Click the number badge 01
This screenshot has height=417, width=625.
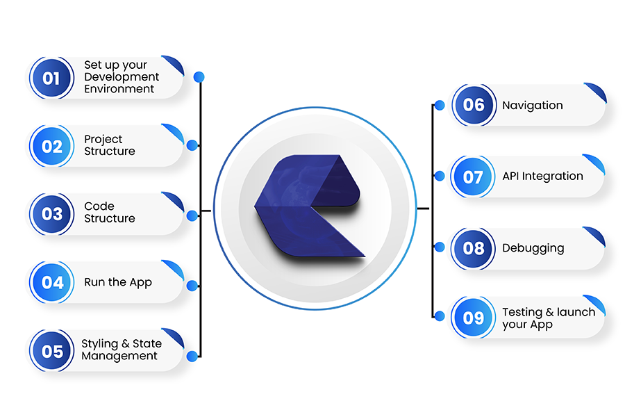[x=51, y=78]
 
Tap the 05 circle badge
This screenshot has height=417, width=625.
[x=52, y=351]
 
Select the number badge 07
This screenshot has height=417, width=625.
[x=473, y=177]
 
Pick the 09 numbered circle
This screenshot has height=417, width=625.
[x=473, y=318]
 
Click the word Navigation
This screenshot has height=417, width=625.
[x=533, y=106]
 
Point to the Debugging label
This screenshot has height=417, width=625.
[x=533, y=248]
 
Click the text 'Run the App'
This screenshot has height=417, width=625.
[x=118, y=282]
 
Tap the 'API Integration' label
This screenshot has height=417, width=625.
[x=542, y=176]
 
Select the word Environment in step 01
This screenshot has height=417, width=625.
[x=119, y=88]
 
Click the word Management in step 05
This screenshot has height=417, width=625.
[x=119, y=356]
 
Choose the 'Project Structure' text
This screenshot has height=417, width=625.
[x=110, y=145]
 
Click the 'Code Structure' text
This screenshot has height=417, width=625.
[x=110, y=212]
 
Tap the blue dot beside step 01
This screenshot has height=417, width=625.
[x=199, y=76]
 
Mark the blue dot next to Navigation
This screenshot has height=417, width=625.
[x=440, y=106]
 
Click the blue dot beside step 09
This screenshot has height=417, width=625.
[x=440, y=316]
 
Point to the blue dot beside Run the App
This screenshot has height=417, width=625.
[x=192, y=286]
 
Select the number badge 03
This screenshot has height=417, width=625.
[x=52, y=214]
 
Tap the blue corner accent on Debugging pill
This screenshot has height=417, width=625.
[x=594, y=236]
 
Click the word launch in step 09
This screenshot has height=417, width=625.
[x=576, y=312]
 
